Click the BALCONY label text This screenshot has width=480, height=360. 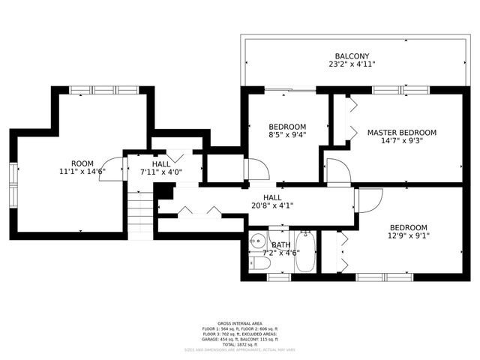351,56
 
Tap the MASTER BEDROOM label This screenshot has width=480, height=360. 401,133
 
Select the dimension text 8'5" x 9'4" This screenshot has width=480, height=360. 287,135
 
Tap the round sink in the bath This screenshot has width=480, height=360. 258,241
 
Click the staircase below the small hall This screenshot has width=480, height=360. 140,210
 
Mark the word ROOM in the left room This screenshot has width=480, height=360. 82,163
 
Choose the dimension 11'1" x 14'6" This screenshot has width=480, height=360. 82,172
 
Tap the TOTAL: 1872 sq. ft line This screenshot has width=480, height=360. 239,343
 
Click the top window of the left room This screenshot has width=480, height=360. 104,90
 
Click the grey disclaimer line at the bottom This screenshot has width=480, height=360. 239,349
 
